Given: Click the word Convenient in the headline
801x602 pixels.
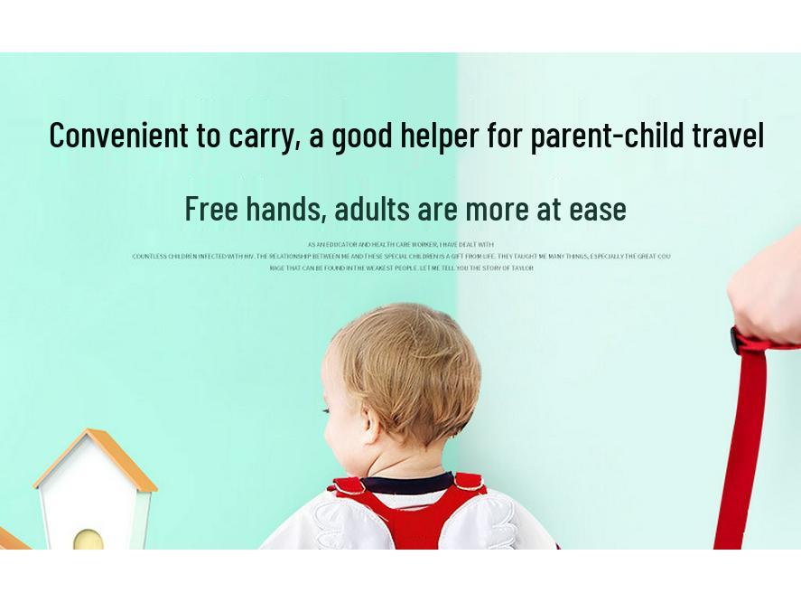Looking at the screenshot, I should pos(118,136).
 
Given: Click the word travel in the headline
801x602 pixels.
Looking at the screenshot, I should pos(728,136).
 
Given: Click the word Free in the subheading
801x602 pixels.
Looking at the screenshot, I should pos(211,209).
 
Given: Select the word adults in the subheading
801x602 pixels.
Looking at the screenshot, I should pos(371,209).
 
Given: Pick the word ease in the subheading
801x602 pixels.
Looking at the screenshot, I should pos(597,209).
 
